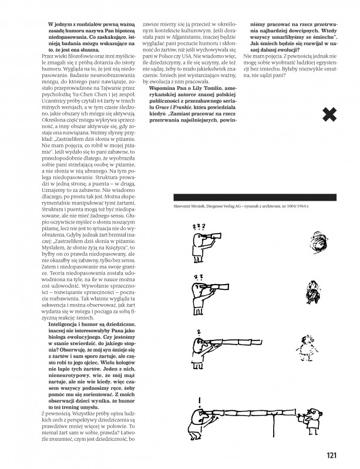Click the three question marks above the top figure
pos(199,227)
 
